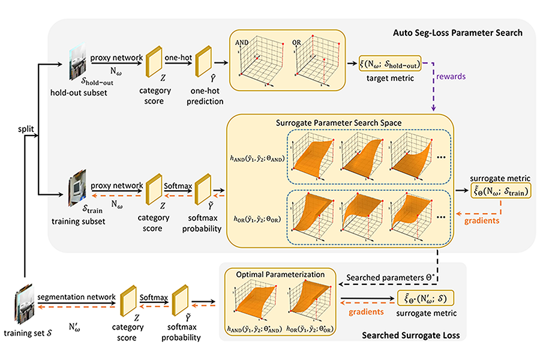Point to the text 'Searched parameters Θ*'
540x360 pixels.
[391, 278]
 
